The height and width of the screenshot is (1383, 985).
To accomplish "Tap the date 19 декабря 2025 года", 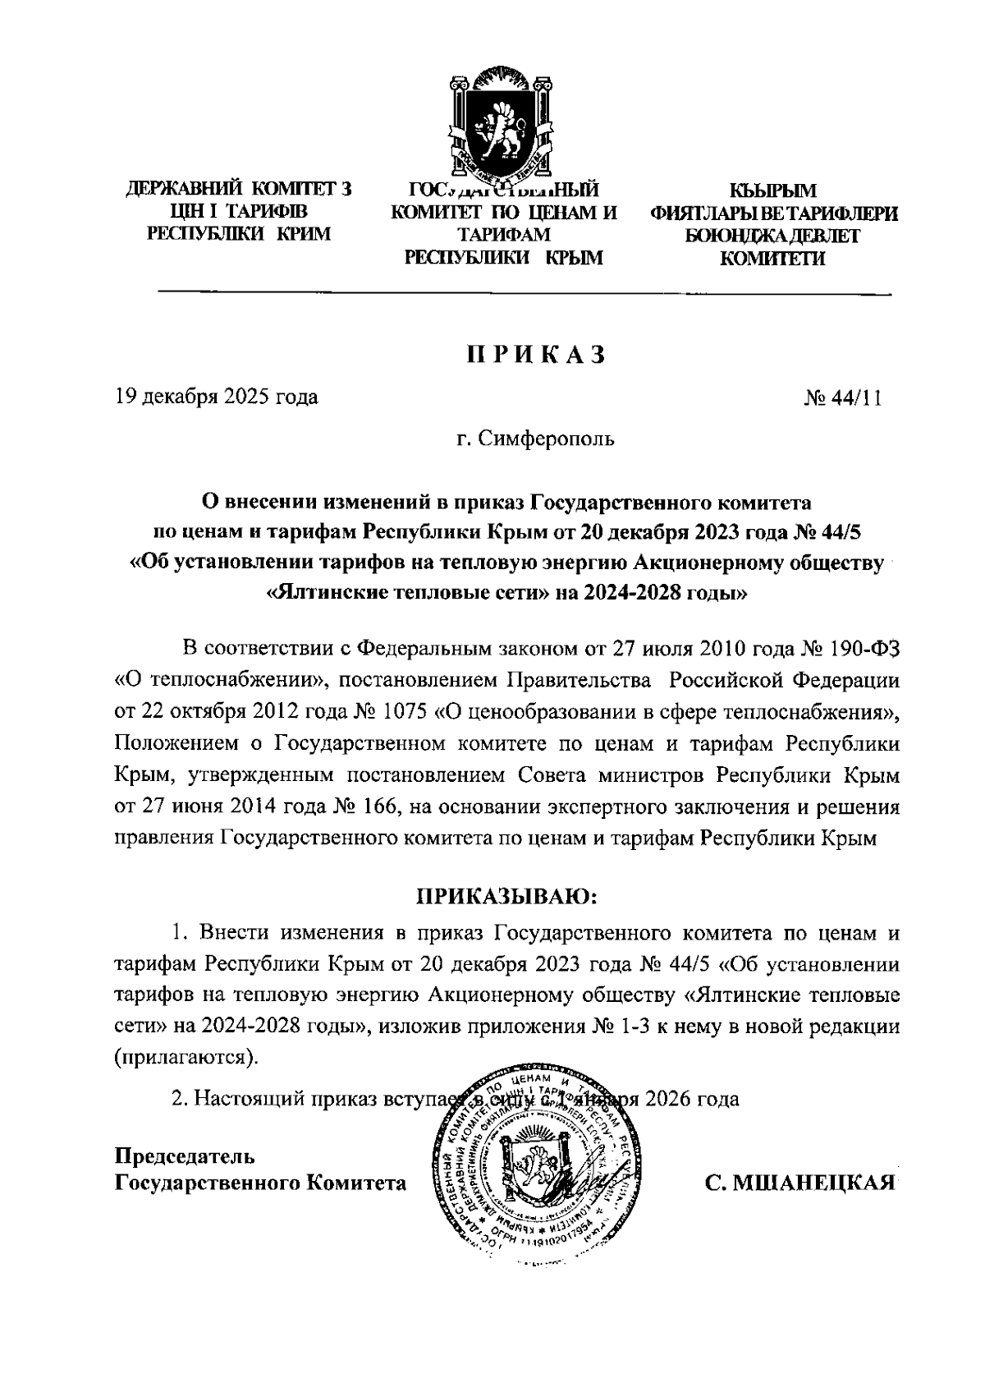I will pos(216,398).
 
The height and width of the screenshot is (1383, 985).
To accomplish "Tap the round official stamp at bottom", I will pos(534,1165).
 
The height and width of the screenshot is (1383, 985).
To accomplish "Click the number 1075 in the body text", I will pos(405,712).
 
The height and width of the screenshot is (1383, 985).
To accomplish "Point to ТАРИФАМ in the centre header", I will pos(504,235).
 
